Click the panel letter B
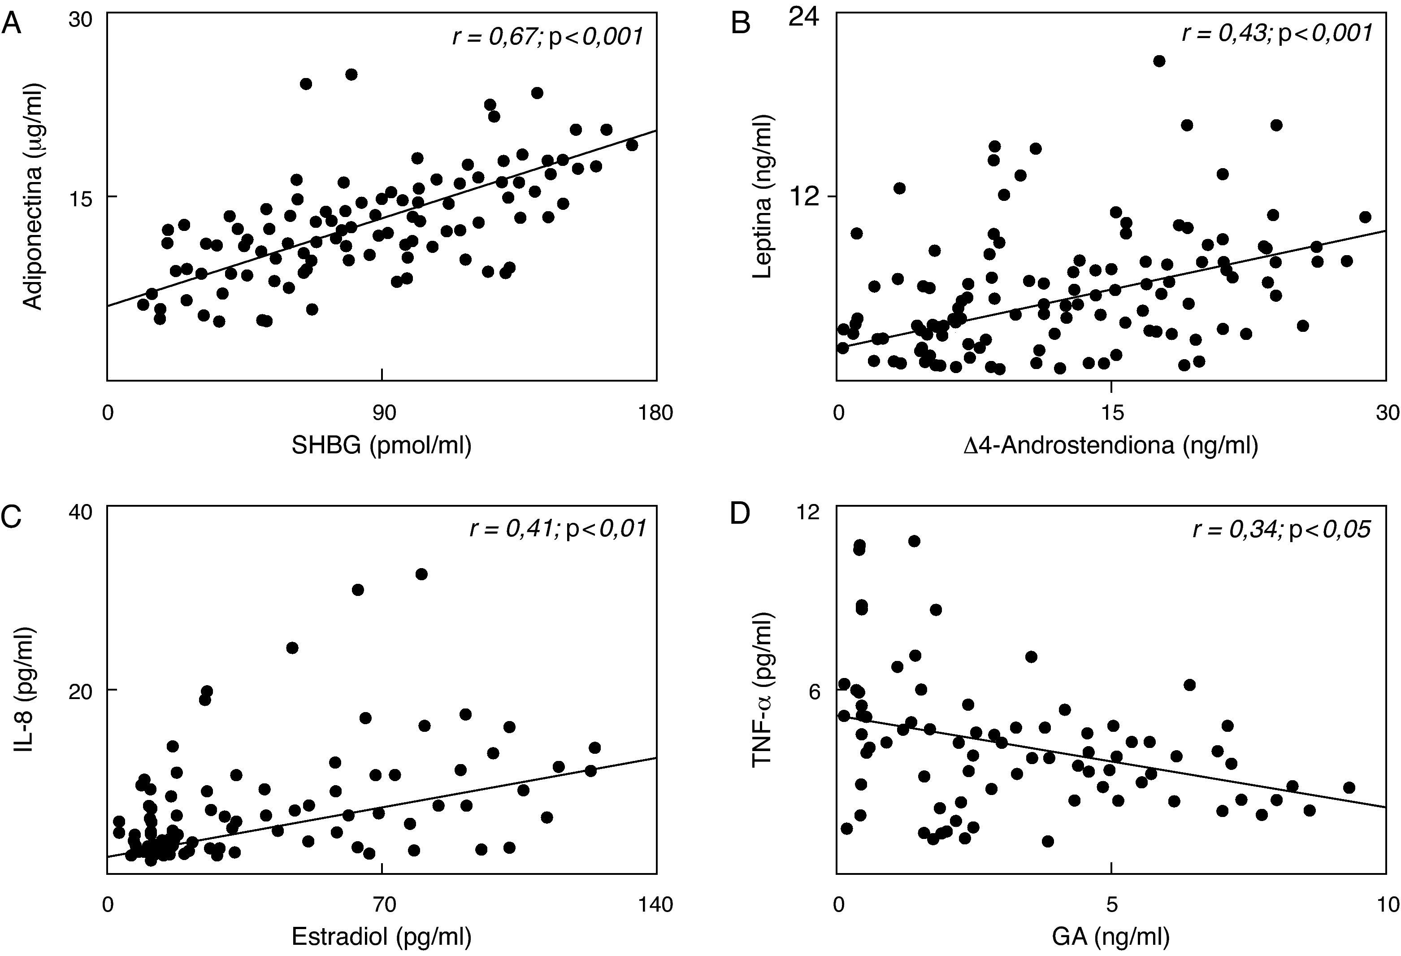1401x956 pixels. pyautogui.click(x=740, y=25)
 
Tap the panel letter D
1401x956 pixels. pyautogui.click(x=740, y=517)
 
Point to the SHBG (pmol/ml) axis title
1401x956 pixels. pyautogui.click(x=382, y=445)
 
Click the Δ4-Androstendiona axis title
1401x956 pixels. pyautogui.click(x=1110, y=445)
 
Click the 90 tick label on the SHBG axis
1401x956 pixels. pyautogui.click(x=383, y=413)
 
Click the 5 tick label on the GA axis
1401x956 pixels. pyautogui.click(x=1111, y=905)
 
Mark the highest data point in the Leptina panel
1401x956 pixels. pyautogui.click(x=1158, y=61)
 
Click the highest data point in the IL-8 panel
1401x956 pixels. pyautogui.click(x=421, y=574)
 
